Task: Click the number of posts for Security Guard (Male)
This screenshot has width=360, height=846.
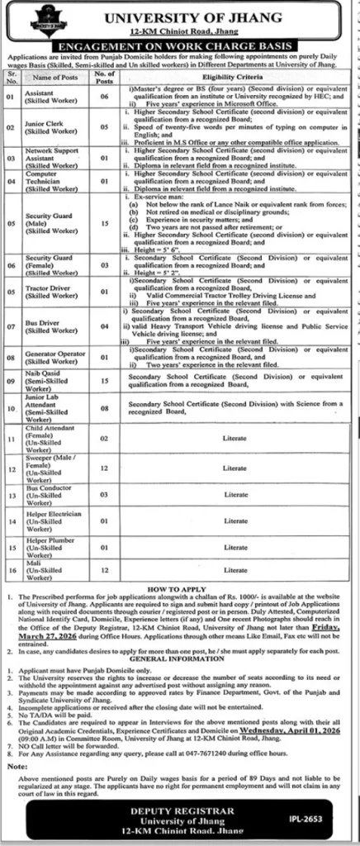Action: tap(103, 221)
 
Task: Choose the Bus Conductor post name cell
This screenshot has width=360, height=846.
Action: tap(50, 495)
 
